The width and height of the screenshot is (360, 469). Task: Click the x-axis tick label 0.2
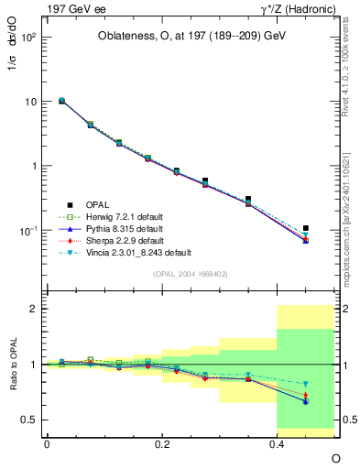coord(162,442)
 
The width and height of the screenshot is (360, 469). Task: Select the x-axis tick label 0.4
coord(278,442)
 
